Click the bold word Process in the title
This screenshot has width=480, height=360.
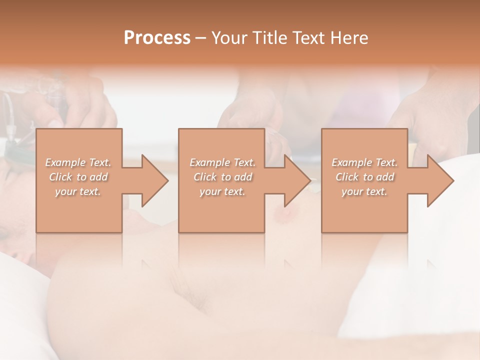157,38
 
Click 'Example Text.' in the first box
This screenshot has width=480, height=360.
78,162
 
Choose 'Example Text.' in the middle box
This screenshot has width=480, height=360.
222,162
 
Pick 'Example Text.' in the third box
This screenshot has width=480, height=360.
364,162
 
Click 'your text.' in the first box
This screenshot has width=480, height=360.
78,191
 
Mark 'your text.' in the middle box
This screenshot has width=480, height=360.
222,191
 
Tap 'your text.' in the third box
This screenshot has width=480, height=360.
364,191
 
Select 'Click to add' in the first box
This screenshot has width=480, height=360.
78,177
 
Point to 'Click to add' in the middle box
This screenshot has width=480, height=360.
222,177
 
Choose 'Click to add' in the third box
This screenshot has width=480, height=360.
364,177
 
